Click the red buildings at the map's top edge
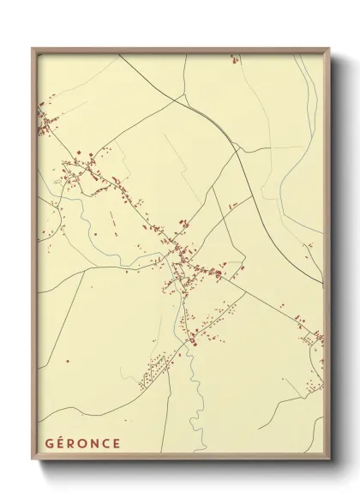(232, 59)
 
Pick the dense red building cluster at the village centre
(183, 257)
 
